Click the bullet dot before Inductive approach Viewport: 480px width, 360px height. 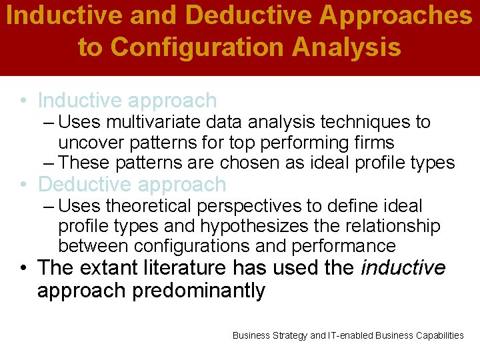point(23,101)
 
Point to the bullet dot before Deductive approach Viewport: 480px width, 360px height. point(23,185)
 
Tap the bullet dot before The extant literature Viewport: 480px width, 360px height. point(23,269)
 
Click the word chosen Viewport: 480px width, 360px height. point(244,163)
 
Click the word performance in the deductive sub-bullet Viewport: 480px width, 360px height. point(343,246)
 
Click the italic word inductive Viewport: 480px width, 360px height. point(403,268)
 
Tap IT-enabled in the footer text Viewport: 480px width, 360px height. point(350,335)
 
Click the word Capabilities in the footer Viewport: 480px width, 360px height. point(437,335)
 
